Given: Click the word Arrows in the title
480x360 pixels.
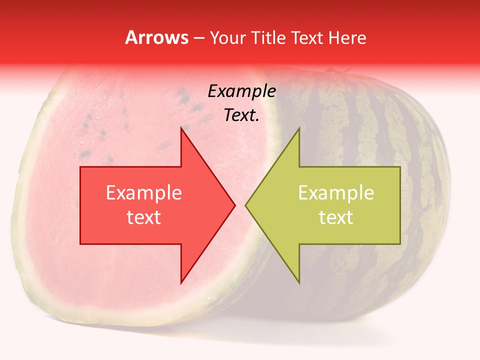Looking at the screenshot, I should tap(157, 37).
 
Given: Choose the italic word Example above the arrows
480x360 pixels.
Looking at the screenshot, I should tap(241, 91).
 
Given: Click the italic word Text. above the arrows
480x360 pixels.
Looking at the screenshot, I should tap(241, 115).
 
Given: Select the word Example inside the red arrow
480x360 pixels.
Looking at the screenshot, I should tap(144, 193).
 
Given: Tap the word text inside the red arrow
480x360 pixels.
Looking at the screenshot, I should tap(144, 217).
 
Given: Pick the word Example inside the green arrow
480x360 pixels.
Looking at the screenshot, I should tap(336, 193).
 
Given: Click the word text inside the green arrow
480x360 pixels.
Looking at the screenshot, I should tap(336, 217).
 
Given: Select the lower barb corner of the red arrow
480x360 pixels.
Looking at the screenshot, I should tap(181, 282).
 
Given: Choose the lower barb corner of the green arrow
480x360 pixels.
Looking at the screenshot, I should tap(299, 282).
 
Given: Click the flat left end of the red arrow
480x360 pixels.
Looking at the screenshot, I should tap(81, 205).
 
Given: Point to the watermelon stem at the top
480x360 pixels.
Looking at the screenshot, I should tap(330, 71).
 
